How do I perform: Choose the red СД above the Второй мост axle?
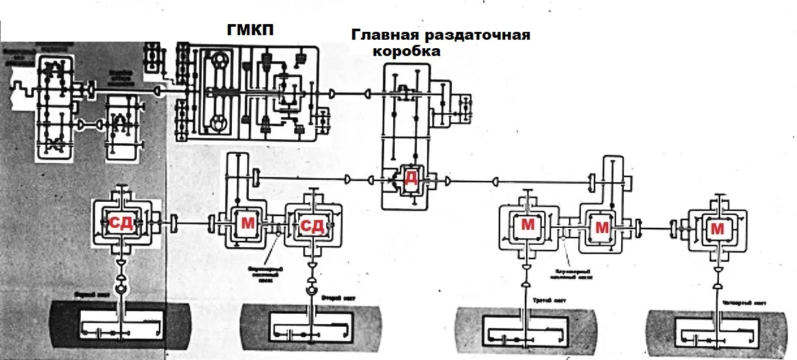click(312, 226)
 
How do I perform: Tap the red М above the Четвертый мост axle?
click(717, 228)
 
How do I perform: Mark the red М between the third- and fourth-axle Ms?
click(602, 228)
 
